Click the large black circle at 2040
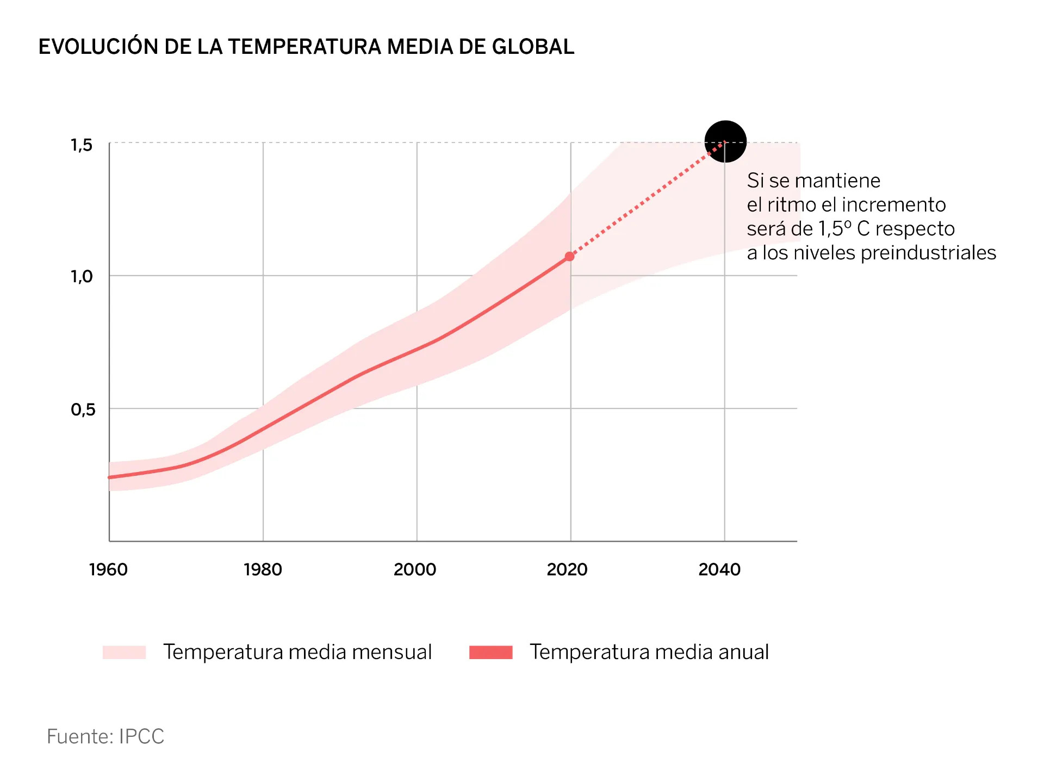pos(725,141)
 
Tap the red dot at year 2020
pos(570,256)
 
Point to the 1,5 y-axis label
pos(82,145)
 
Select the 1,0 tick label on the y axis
pos(82,277)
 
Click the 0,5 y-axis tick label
pos(83,409)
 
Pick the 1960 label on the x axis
pos(108,569)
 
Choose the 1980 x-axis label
pos(263,569)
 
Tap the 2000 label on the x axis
pos(415,569)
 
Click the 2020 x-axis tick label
pos(567,569)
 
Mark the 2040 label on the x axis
pos(719,569)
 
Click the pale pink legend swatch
pos(124,652)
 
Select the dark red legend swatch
pos(490,652)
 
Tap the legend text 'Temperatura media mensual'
pos(297,652)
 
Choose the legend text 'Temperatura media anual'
pos(649,652)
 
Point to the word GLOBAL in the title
pos(533,47)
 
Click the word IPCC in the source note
pos(141,736)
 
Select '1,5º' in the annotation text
pos(835,229)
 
